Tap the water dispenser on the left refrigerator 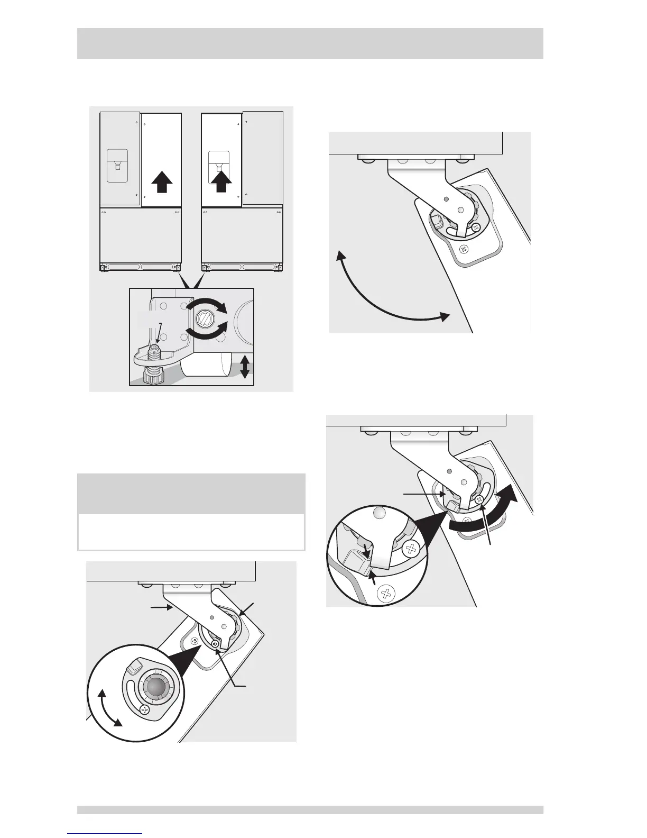coord(117,165)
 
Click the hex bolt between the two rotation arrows coord(204,319)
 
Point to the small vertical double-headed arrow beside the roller coord(245,367)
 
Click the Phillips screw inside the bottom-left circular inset coord(144,709)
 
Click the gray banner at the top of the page coord(310,43)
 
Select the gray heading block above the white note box coord(191,493)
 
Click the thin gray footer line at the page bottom coord(310,809)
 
